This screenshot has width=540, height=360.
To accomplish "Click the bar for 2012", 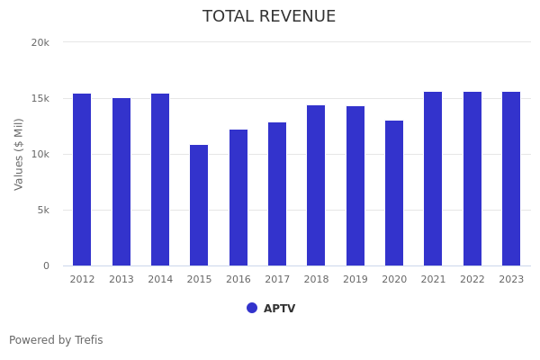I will click(x=82, y=180).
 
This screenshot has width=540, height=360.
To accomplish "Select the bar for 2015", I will click(x=199, y=205).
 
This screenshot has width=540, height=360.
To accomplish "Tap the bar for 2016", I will click(x=238, y=198).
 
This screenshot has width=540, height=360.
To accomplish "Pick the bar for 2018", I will click(x=316, y=185).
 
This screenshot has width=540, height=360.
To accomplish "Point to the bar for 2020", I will click(x=394, y=193).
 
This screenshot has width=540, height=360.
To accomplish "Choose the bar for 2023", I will click(x=511, y=179).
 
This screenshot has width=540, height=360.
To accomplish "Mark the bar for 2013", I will click(x=121, y=182).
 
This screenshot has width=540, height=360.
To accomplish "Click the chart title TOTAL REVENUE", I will click(x=269, y=17).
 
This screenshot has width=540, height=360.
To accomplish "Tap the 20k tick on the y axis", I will click(x=40, y=42).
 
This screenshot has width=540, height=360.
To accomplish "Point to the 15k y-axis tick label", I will click(x=40, y=98).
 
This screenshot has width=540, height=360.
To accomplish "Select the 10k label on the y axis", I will click(x=40, y=154).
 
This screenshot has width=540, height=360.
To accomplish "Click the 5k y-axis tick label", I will click(x=42, y=210).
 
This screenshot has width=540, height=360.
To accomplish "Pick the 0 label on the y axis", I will click(x=45, y=265).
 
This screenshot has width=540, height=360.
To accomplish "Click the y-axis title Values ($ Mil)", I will click(x=19, y=154).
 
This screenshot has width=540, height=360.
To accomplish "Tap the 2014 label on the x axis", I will click(x=160, y=280).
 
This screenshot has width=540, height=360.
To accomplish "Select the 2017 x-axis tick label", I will click(x=277, y=280).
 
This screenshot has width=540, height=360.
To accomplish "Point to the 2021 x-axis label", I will click(x=433, y=280).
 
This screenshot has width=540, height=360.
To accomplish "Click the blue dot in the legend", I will click(x=252, y=308).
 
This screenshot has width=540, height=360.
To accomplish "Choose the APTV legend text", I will click(x=279, y=309).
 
